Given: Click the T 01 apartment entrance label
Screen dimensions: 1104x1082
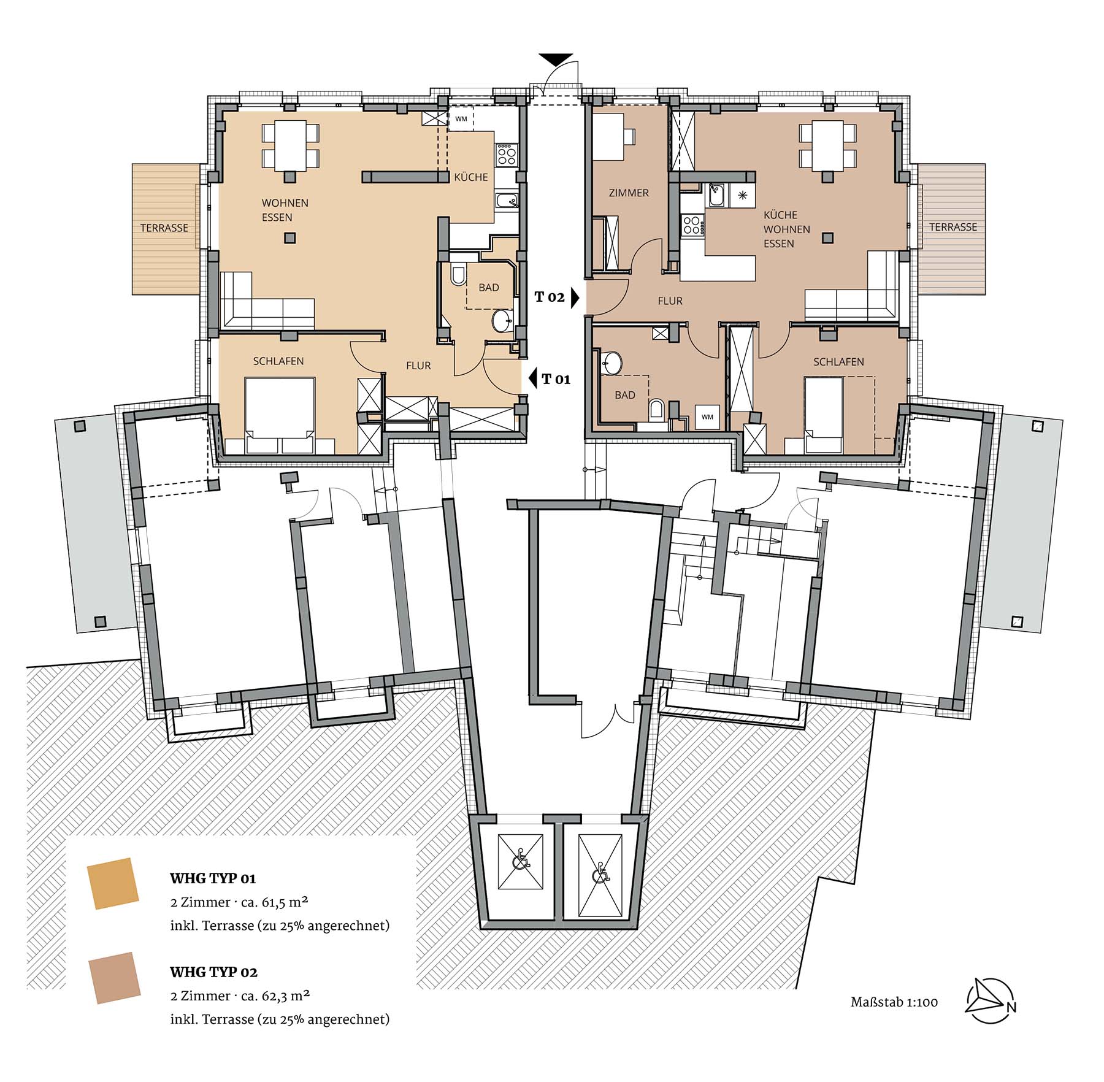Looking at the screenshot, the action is point(556,380).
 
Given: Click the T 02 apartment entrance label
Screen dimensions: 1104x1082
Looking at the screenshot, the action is point(550,297).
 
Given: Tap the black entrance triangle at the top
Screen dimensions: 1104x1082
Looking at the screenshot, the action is point(556,59).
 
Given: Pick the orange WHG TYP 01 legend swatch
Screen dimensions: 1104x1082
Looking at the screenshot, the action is point(113,883).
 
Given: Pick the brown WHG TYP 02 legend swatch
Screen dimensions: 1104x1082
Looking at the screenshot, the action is point(115,978).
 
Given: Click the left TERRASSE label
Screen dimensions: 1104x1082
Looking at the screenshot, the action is point(164,228).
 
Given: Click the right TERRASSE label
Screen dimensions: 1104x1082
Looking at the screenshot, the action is point(953,227).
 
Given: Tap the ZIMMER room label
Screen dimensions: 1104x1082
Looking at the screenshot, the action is point(629,193).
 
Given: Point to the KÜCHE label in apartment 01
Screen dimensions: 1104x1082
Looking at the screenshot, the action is point(471,177).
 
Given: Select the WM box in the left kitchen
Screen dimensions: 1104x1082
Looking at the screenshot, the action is point(461,119).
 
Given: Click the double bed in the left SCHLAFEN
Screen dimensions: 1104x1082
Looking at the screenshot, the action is point(280,415).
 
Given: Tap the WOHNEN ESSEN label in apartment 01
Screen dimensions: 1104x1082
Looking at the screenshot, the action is point(285,210).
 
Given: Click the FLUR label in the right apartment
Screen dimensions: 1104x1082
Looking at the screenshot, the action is point(670,301).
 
